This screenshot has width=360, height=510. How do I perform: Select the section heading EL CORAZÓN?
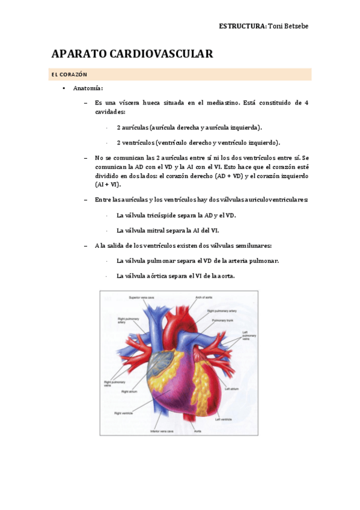[69, 75]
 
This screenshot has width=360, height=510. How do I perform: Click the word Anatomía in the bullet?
[88, 88]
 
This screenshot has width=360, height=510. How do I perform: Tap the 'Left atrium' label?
[232, 389]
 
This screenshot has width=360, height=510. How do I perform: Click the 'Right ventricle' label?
[123, 413]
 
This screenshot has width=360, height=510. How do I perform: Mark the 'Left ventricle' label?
[225, 419]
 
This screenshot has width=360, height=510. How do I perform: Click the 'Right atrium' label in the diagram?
[130, 391]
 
